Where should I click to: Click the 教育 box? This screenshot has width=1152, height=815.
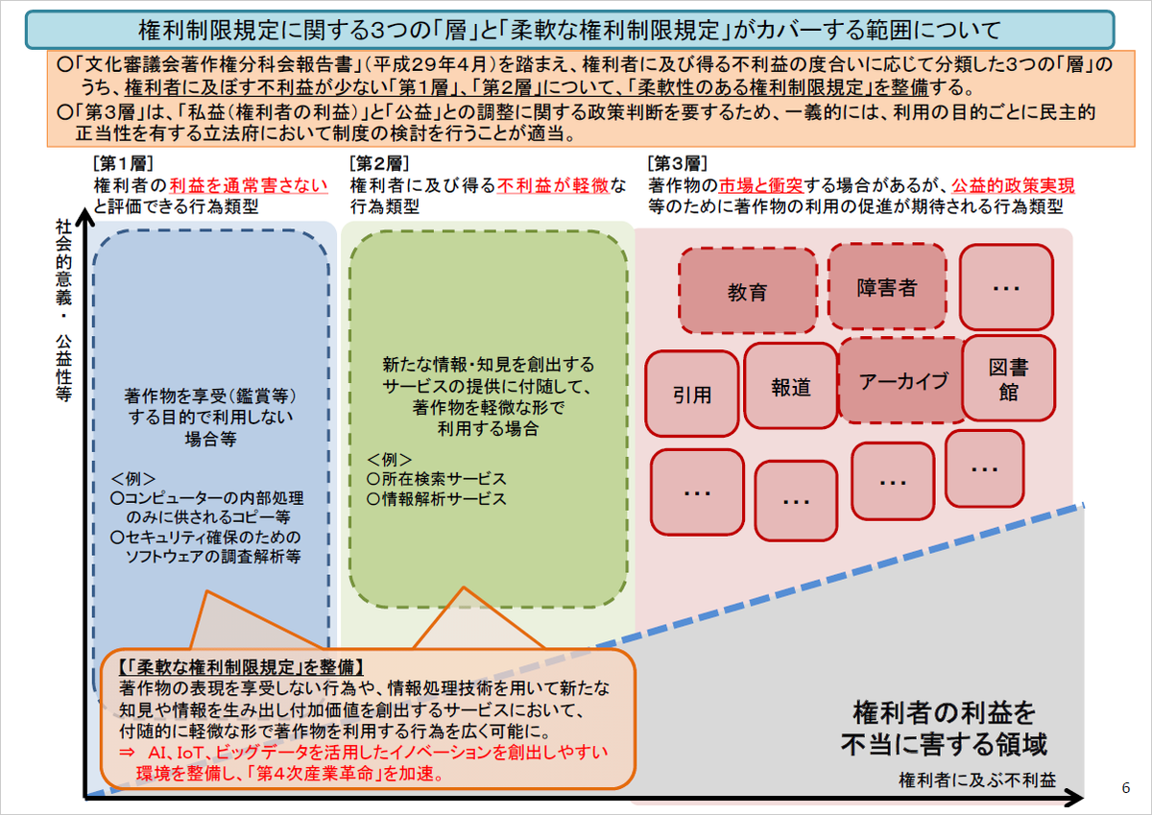pos(747,291)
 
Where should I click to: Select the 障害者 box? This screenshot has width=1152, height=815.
pos(887,286)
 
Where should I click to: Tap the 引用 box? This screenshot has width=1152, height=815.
pos(692,394)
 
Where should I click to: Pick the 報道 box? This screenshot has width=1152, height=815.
pos(790,386)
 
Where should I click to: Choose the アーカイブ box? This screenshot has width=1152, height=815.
pos(903,380)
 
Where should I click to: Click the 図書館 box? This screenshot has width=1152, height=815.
pos(1009,378)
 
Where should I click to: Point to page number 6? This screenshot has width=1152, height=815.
pos(1126,788)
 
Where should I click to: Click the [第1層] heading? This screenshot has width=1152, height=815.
pos(123,163)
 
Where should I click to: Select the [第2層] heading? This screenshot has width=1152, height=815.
pos(379,163)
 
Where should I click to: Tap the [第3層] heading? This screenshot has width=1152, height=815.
pos(678,163)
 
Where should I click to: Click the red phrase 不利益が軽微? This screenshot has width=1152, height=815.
pos(553,185)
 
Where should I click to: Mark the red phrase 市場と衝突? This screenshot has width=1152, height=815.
pos(760,185)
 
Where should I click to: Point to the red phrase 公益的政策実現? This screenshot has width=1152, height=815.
pos(1013,185)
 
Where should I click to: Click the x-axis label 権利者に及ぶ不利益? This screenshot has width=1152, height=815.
pos(977,780)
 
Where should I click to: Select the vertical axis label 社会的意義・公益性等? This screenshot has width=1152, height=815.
pos(63,310)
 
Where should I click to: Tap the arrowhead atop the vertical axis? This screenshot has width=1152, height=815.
pos(85,216)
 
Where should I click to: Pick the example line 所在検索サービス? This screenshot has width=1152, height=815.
pos(437,479)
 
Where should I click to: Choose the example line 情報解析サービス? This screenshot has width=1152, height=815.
pos(437,499)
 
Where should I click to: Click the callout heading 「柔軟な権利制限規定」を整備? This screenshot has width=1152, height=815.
pos(241,667)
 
